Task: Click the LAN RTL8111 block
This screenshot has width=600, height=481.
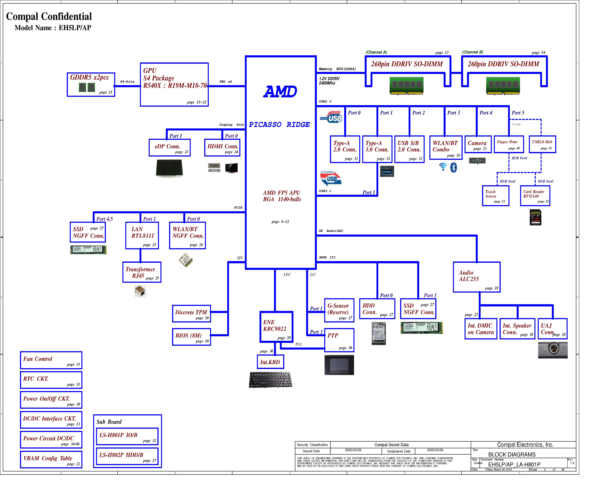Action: (x=142, y=235)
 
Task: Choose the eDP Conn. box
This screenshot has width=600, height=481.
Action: (x=169, y=148)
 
